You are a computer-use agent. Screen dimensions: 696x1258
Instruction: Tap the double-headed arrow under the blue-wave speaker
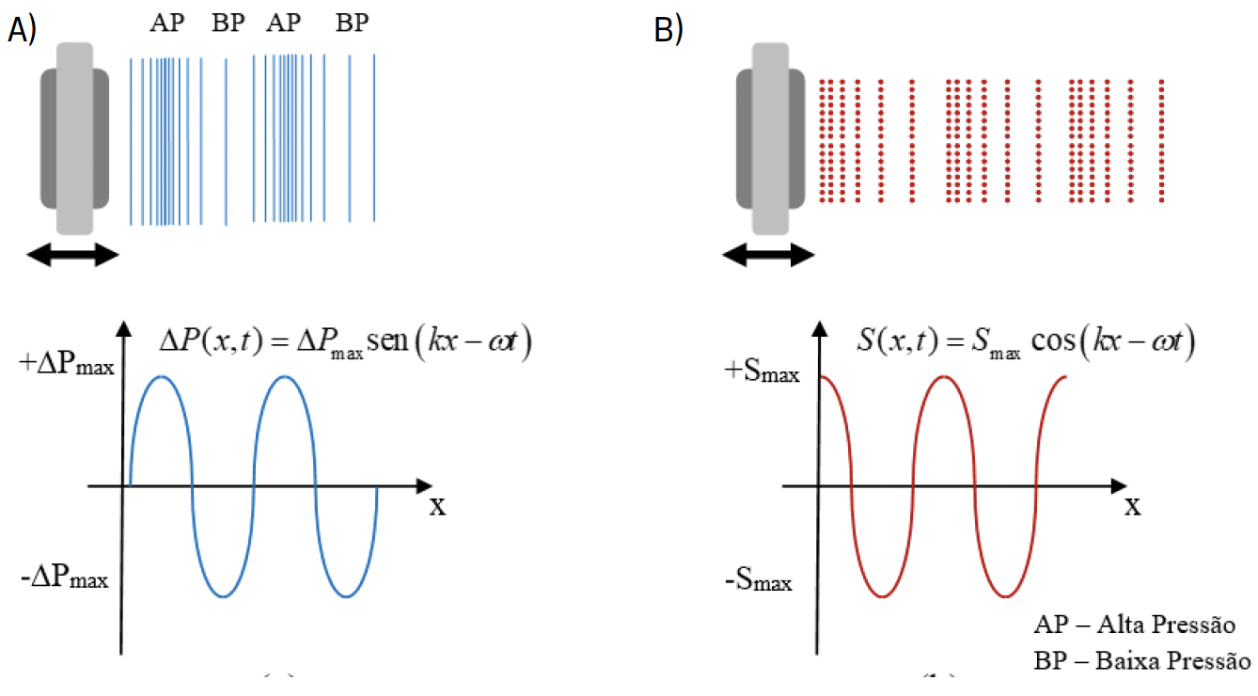pos(73,254)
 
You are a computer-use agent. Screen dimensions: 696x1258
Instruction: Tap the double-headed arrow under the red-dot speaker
pos(767,254)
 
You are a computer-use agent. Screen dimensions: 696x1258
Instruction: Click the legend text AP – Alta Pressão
pos(1133,625)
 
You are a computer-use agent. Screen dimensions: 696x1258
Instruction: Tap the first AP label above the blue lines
pos(166,23)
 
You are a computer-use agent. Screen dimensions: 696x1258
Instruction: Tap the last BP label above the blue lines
pos(353,23)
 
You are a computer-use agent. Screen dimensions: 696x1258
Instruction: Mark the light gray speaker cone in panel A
pos(74,138)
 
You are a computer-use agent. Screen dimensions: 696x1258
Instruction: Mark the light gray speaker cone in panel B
pos(770,138)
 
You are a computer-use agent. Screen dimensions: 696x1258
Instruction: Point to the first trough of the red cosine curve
pos(882,596)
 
